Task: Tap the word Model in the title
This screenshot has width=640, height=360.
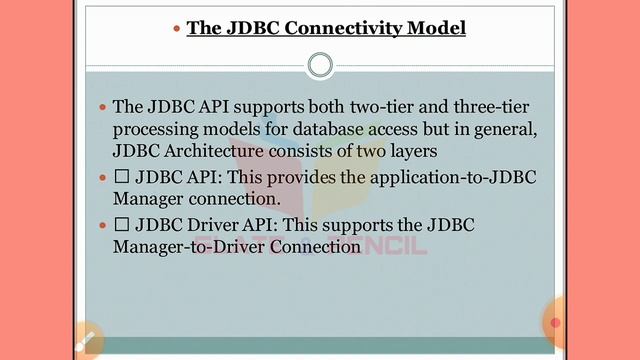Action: coord(436,28)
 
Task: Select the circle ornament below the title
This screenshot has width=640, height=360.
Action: coord(320,66)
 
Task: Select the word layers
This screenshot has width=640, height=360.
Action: coord(437,151)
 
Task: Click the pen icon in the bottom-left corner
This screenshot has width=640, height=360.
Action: coord(86,341)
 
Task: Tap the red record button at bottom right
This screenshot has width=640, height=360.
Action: coord(556,323)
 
